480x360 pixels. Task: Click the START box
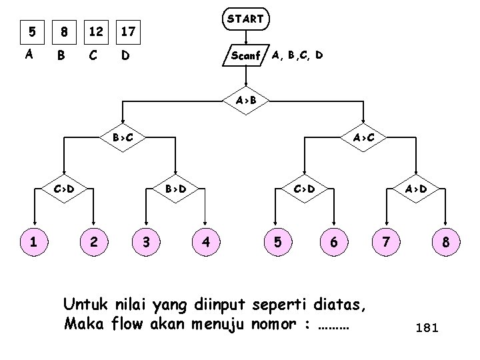tap(245, 19)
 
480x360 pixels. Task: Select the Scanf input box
tap(245, 55)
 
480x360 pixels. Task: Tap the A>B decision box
tap(245, 101)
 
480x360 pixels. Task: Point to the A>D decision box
tap(415, 189)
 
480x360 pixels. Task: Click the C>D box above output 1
tap(65, 189)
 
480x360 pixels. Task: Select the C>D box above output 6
tap(304, 189)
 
